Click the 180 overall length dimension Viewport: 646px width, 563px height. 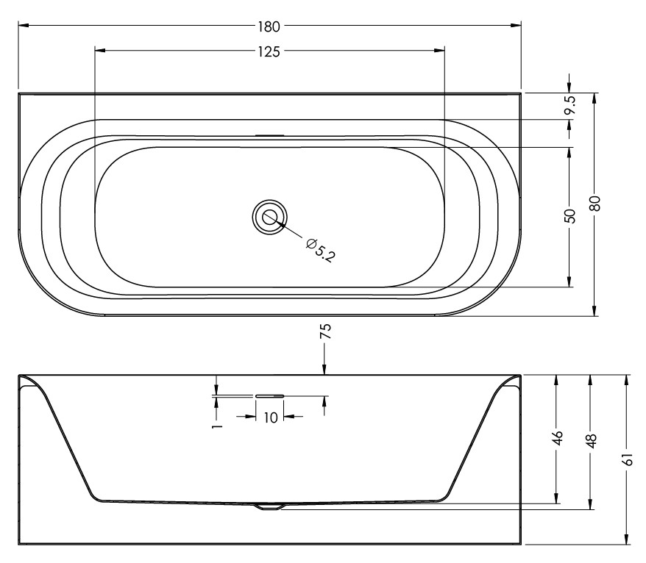point(269,26)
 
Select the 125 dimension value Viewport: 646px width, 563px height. point(269,52)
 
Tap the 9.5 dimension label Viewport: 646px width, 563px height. point(570,105)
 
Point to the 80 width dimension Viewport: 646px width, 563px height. point(594,204)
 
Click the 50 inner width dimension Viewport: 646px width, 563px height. point(569,216)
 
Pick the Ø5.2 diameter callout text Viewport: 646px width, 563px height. point(321,250)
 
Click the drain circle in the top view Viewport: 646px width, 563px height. point(270,218)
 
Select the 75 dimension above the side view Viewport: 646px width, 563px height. point(325,331)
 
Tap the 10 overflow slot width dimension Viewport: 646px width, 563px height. point(270,417)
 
